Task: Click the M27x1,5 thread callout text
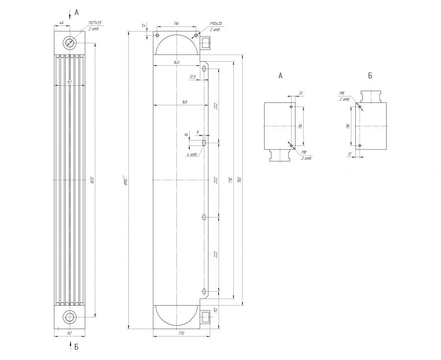(95, 23)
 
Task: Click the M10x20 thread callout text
(216, 24)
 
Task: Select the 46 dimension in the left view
(61, 23)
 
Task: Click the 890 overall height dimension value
(125, 180)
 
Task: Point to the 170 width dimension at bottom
(181, 333)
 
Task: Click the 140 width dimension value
(176, 62)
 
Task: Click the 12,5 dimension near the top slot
(193, 77)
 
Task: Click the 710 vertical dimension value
(230, 180)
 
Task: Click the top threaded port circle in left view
(69, 43)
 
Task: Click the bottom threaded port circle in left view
(69, 317)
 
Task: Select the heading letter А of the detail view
(280, 75)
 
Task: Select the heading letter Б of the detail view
(370, 75)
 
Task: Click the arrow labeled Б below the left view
(70, 346)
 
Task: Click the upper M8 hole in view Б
(360, 106)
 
